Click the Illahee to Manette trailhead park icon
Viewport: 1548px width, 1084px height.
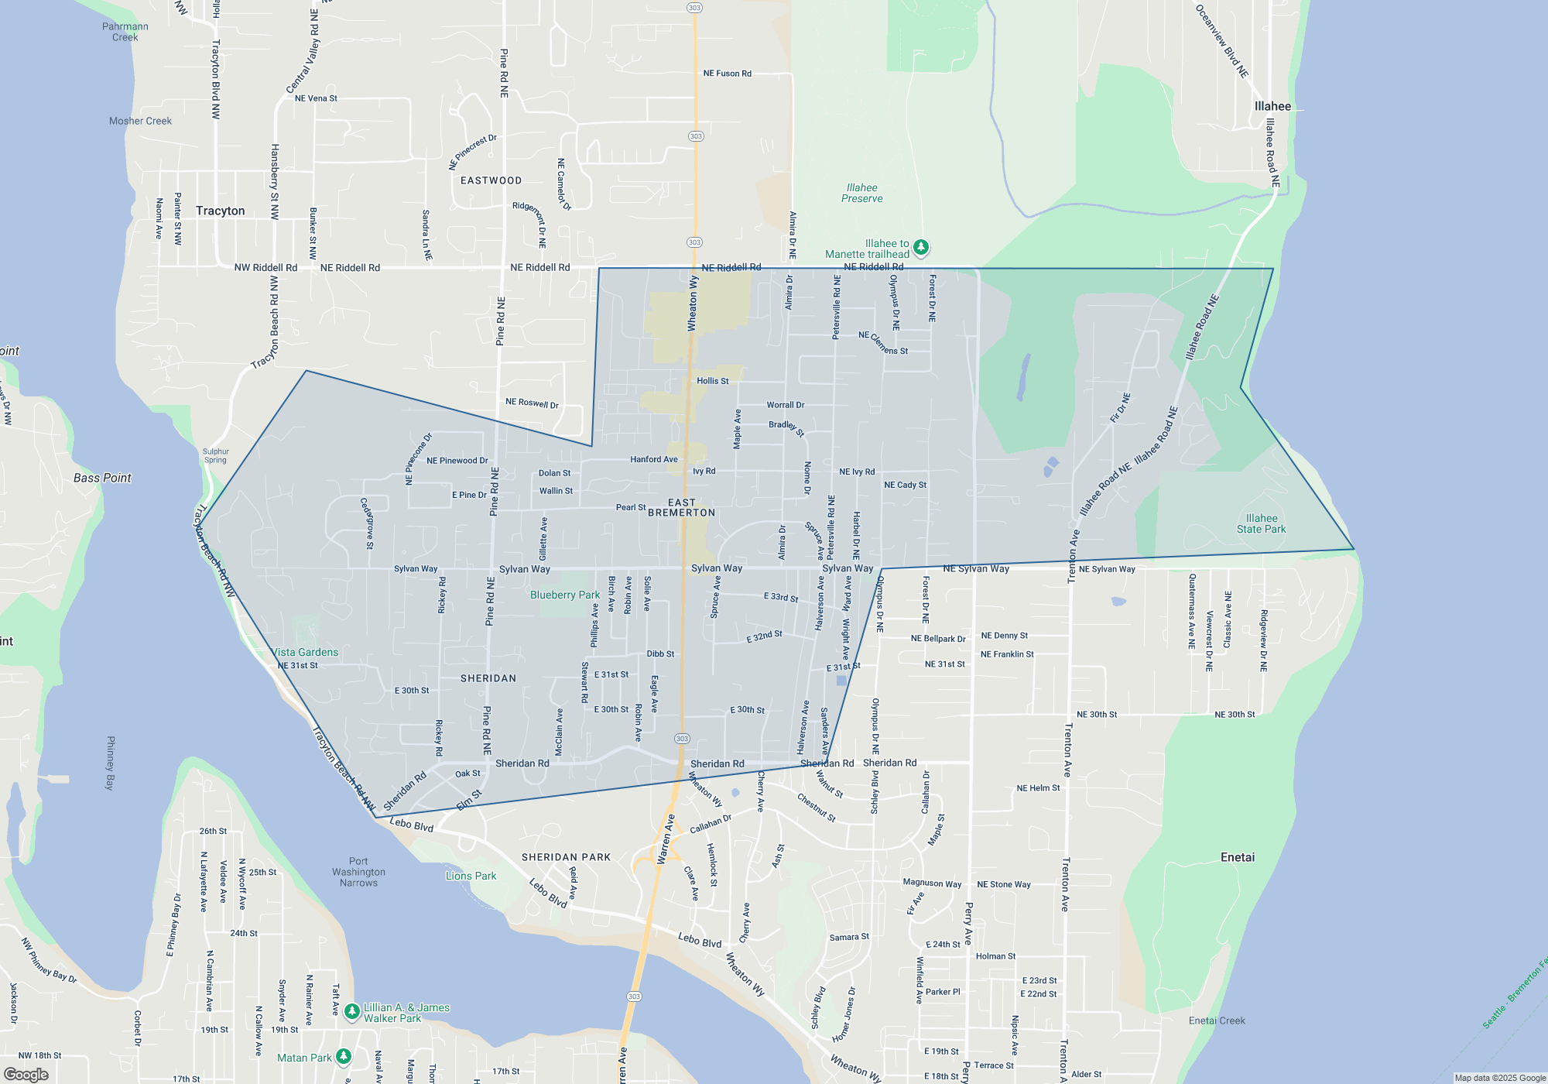pos(920,248)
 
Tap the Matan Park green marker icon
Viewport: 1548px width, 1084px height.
pos(344,1056)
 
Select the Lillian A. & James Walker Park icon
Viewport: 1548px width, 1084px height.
pos(352,1011)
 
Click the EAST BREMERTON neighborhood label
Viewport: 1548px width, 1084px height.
pos(681,508)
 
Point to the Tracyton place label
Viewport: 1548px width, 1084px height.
pos(220,211)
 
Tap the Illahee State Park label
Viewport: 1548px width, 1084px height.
pos(1261,524)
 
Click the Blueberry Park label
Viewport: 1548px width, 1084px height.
pos(565,595)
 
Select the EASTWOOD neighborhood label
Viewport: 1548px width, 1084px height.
pos(491,180)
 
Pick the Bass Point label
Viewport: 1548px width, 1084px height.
pos(102,478)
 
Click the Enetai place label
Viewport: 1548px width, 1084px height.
pos(1238,857)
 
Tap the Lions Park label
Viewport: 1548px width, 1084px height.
pos(471,876)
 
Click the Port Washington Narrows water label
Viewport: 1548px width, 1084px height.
pos(358,872)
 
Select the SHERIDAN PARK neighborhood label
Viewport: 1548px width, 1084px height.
pos(566,857)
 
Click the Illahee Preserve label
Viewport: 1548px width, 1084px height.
pos(861,193)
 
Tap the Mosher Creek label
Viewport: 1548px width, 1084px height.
pos(140,121)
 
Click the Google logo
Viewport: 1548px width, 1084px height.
pos(26,1075)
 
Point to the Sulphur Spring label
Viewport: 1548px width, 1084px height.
pos(215,455)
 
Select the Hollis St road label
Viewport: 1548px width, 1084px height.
pos(712,381)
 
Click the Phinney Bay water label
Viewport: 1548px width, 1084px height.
pos(111,763)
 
